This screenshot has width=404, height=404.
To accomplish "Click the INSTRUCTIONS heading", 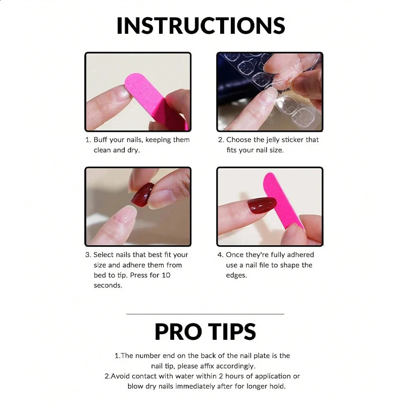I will point(200,26).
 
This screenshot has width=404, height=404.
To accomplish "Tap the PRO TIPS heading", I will point(205,332).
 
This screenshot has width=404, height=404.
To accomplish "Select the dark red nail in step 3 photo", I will point(142,194).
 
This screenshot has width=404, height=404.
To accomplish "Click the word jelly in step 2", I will point(278,140).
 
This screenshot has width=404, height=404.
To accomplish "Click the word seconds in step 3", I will point(108,285).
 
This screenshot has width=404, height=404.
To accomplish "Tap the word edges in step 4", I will point(236,275).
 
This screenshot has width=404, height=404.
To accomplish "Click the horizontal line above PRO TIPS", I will point(205,314).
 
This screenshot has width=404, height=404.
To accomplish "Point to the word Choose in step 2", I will point(238,140).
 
